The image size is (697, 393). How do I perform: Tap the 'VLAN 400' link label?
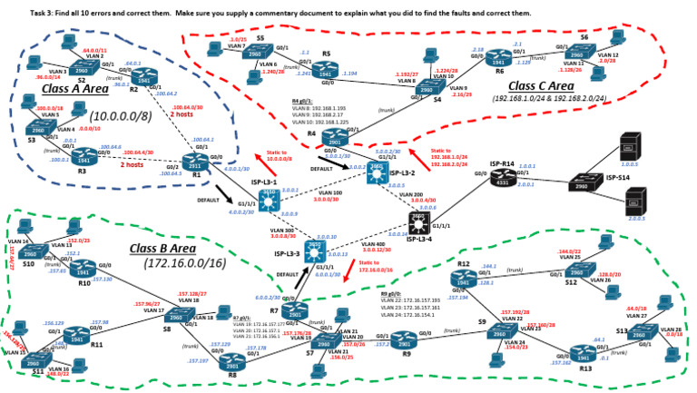tap(372, 244)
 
